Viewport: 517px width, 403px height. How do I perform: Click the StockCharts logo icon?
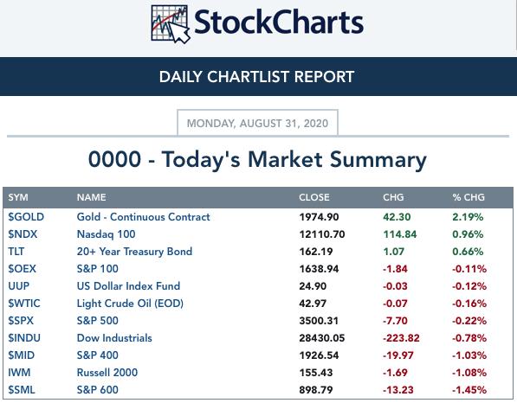coord(170,24)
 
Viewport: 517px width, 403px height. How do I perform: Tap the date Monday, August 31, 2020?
coord(257,124)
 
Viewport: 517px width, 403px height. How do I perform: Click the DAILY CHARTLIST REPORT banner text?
coord(256,77)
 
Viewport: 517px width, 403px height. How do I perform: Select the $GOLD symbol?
coord(26,217)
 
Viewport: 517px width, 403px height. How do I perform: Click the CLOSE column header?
coord(313,197)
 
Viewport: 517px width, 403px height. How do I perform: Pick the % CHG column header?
coord(469,197)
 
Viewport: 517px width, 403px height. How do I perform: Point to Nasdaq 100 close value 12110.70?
coord(322,234)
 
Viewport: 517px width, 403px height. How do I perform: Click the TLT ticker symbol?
coord(16,252)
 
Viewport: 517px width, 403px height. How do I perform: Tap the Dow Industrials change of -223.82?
coord(401,338)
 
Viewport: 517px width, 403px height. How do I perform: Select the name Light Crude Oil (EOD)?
coord(130,304)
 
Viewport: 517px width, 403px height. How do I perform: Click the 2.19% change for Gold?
coord(468,217)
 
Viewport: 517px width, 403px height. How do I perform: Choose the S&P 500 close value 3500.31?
coord(319,321)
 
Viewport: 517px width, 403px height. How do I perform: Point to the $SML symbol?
coord(22,390)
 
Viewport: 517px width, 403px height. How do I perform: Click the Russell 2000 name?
coord(107,373)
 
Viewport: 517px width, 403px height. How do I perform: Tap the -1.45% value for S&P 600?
coord(469,390)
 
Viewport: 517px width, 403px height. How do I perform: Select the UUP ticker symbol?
coord(18,286)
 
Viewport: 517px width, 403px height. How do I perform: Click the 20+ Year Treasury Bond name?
coord(134,252)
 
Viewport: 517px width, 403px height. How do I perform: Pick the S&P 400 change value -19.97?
coord(398,355)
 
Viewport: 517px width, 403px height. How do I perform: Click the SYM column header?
coord(18,197)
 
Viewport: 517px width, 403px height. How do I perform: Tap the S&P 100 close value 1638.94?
coord(319,269)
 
